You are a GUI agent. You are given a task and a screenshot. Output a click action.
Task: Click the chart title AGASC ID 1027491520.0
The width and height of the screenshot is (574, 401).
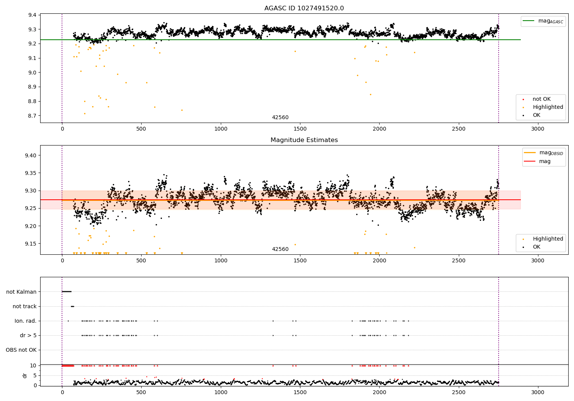pos(304,8)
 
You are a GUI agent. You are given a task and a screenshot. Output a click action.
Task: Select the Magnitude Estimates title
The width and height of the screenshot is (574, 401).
pos(304,140)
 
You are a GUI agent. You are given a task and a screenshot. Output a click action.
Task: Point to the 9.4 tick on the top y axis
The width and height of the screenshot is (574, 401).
pos(32,15)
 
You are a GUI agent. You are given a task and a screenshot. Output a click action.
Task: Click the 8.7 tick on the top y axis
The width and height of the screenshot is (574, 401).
pos(32,116)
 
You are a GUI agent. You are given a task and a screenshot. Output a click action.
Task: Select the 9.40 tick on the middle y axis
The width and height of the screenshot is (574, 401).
pos(31,155)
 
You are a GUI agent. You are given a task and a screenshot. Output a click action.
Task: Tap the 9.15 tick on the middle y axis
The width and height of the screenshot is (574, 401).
pos(31,244)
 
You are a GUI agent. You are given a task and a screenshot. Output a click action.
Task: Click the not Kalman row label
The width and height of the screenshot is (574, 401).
pos(21,292)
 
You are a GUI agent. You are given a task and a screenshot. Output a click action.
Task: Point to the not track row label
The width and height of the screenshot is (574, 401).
pos(24,306)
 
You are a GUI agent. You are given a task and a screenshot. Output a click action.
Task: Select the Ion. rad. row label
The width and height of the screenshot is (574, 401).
pos(26,321)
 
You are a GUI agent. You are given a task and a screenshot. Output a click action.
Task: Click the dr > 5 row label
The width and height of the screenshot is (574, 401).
pos(28,335)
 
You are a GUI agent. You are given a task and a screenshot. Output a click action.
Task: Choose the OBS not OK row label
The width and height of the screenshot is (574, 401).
pos(21,350)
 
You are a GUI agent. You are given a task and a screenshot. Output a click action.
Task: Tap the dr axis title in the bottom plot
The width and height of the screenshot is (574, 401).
pos(25,375)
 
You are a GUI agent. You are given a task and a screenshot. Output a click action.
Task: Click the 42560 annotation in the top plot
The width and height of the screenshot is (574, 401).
pos(280,118)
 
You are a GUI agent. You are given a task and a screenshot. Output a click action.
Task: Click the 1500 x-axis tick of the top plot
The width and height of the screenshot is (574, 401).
pos(300,129)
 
